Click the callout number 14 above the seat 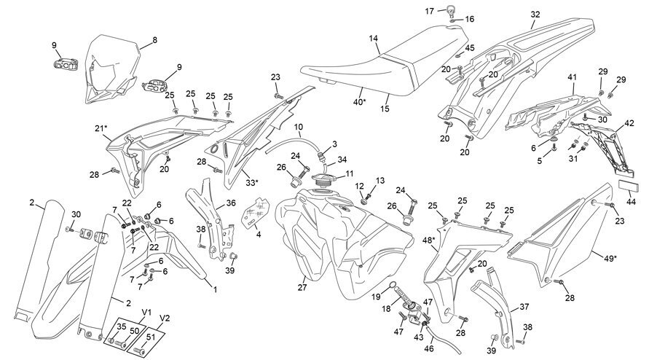click(374, 39)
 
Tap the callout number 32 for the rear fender click(535, 14)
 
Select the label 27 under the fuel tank click(302, 288)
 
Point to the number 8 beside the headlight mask click(155, 40)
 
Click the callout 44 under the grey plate click(631, 203)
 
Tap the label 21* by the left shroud click(101, 128)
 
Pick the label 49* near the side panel click(610, 259)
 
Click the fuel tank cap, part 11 click(326, 179)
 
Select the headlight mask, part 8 click(110, 69)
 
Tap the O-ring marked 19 click(393, 285)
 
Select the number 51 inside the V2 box click(151, 337)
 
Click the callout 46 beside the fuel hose click(429, 348)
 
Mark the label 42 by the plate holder click(629, 123)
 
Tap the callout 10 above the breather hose click(299, 127)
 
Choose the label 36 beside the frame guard click(231, 203)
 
